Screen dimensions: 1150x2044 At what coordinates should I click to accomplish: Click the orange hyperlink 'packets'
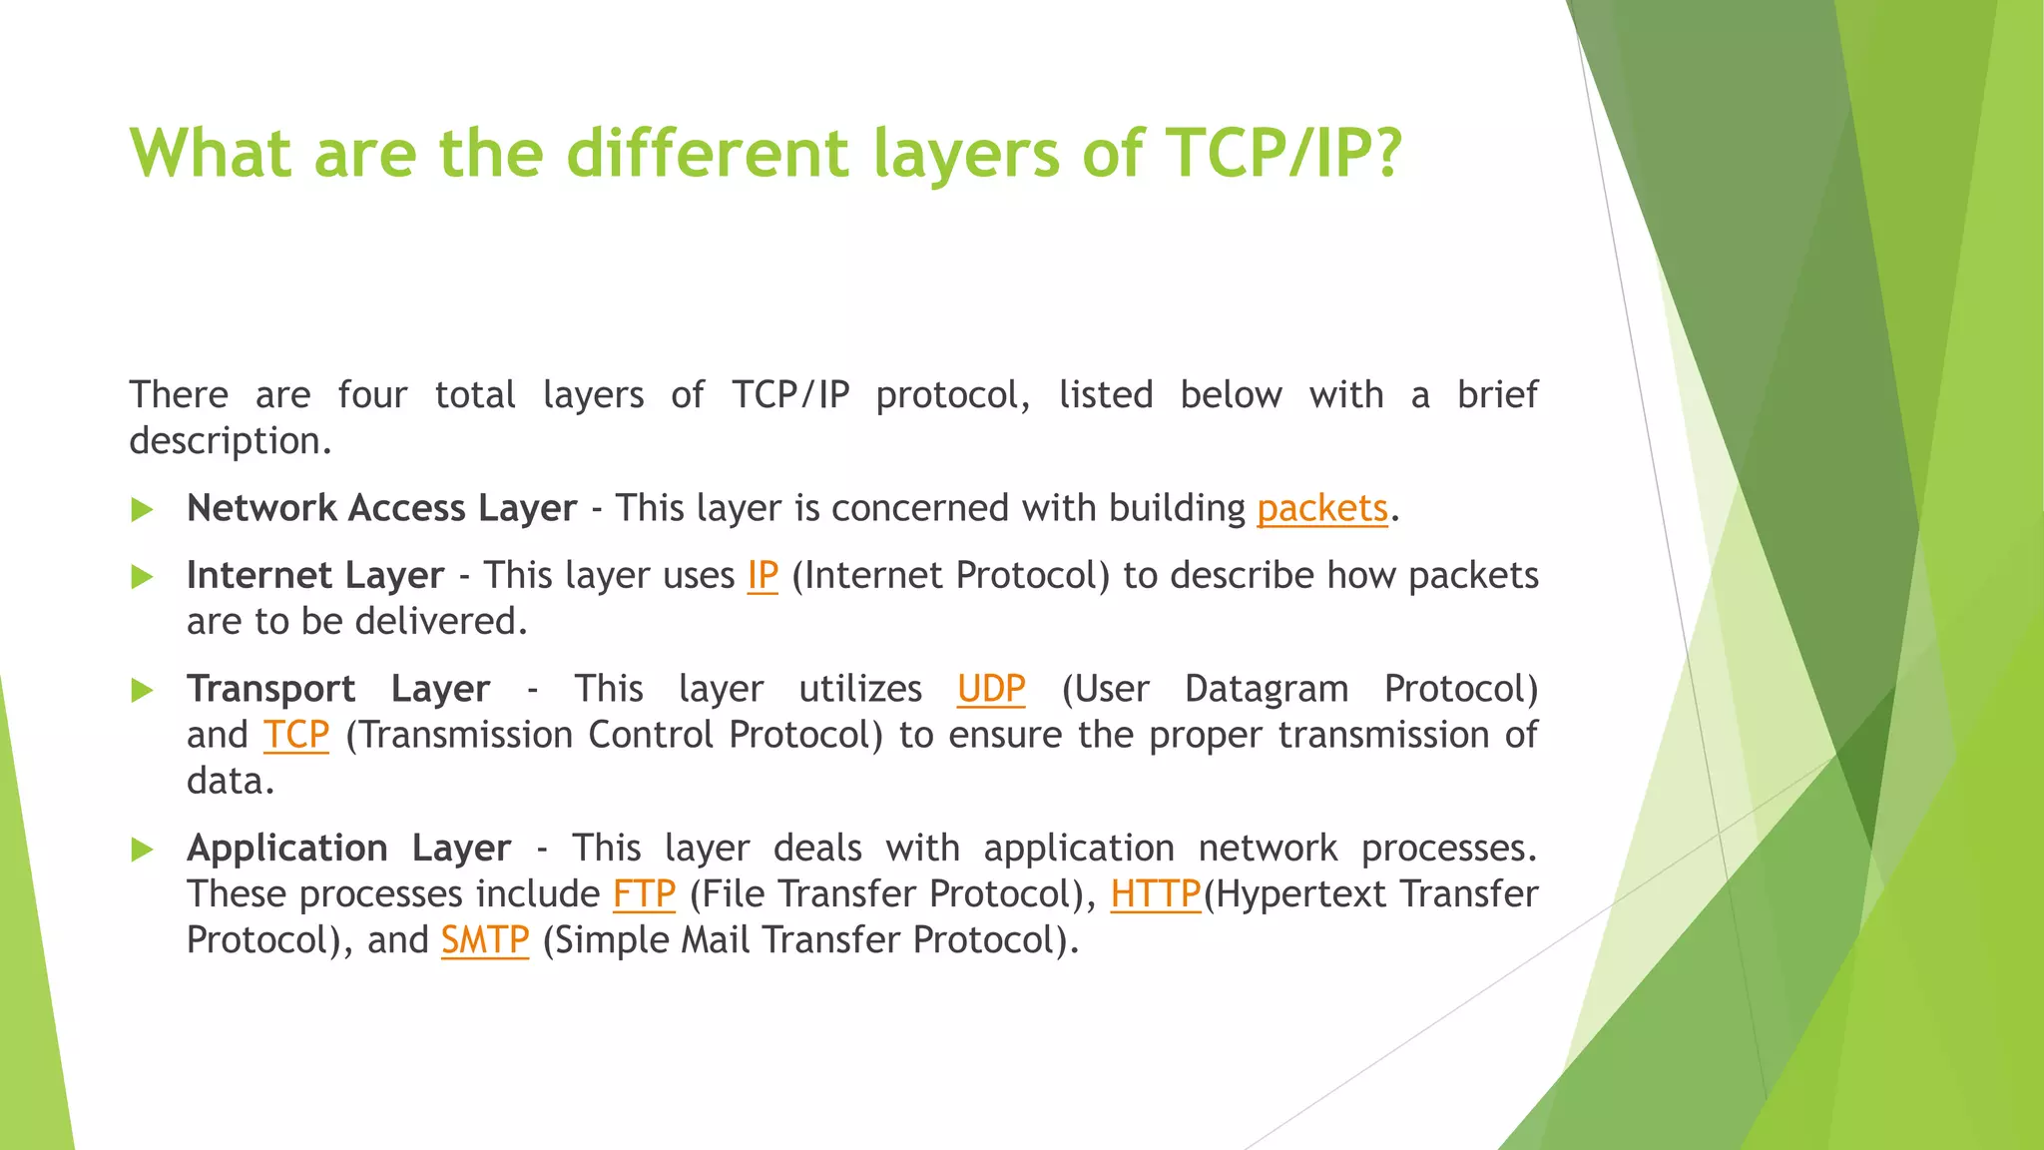[1321, 509]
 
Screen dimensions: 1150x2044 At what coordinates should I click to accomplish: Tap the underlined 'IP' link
[763, 576]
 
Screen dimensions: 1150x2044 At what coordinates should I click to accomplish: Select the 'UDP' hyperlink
[990, 689]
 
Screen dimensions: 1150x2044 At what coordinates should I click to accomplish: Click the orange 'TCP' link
[296, 735]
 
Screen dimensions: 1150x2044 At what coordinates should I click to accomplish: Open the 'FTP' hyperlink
[644, 894]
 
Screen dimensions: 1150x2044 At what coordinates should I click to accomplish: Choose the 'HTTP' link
[1155, 894]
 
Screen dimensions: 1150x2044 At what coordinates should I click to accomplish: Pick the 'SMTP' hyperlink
[485, 940]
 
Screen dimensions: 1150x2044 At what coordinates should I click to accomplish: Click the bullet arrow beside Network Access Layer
[143, 510]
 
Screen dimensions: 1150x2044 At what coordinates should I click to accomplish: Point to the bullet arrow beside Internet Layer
[143, 577]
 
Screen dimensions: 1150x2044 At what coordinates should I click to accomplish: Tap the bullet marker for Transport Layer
[143, 690]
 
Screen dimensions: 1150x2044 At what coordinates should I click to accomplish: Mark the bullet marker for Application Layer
[143, 850]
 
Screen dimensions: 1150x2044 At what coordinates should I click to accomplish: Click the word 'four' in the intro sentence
[372, 395]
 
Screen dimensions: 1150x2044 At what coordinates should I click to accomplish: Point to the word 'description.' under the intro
[231, 441]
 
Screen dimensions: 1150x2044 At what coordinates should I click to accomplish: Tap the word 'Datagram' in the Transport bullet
[1266, 689]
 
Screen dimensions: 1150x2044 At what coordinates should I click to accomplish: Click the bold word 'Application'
[287, 849]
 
